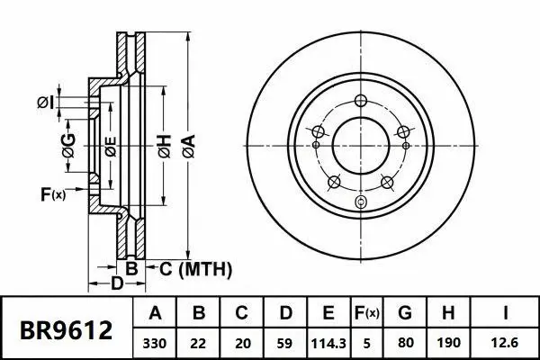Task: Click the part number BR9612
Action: tap(67, 329)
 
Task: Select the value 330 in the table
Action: tap(154, 343)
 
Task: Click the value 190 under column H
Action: tap(446, 343)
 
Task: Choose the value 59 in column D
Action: tap(284, 343)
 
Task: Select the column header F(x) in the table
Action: tap(366, 314)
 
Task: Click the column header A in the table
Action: tap(154, 314)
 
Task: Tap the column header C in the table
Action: tap(241, 314)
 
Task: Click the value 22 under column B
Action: tap(198, 343)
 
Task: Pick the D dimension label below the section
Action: tap(116, 285)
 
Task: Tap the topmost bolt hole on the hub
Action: tap(361, 100)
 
